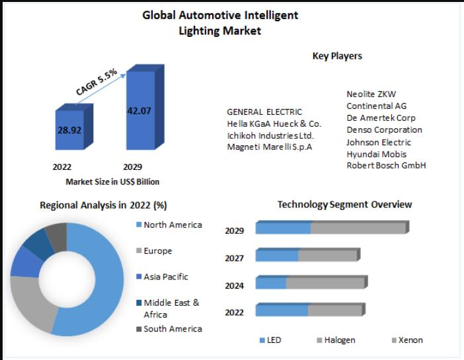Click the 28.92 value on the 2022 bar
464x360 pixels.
pyautogui.click(x=69, y=130)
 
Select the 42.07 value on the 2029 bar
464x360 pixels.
pyautogui.click(x=139, y=110)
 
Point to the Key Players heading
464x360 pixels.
pyautogui.click(x=337, y=56)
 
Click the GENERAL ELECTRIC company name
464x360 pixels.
pyautogui.click(x=264, y=112)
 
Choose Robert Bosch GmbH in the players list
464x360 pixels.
pyautogui.click(x=386, y=165)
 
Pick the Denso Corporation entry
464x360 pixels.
pyautogui.click(x=384, y=129)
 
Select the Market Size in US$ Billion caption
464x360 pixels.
pyautogui.click(x=112, y=182)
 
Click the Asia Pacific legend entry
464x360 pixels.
pyautogui.click(x=165, y=277)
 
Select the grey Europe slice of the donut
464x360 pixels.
pyautogui.click(x=30, y=304)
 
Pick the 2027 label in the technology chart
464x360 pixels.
pyautogui.click(x=234, y=258)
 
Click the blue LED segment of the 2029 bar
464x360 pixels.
pyautogui.click(x=283, y=229)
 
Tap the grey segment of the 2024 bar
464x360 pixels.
pyautogui.click(x=325, y=283)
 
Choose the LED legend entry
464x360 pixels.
pyautogui.click(x=271, y=340)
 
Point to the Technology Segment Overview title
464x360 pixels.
pyautogui.click(x=344, y=205)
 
